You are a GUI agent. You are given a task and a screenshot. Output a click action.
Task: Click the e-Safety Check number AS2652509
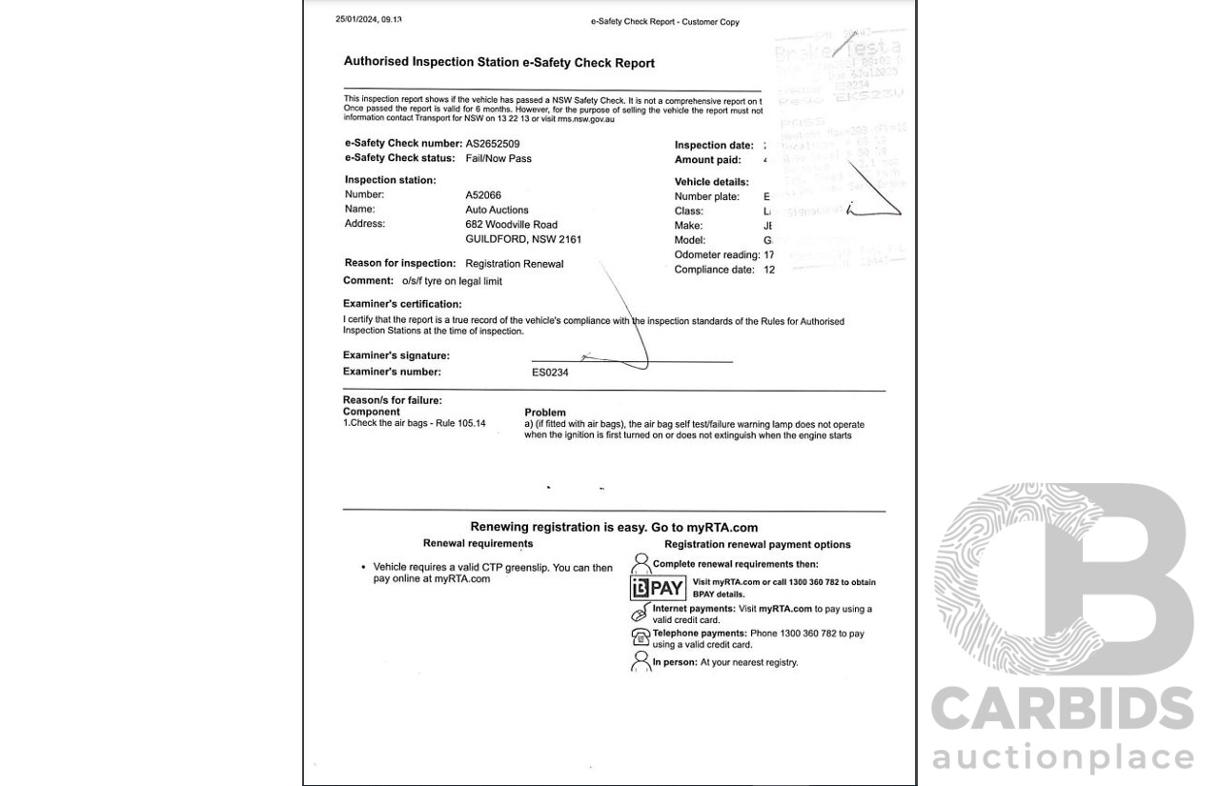click(x=493, y=144)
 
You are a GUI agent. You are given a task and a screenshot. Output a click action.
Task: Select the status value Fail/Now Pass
click(x=498, y=159)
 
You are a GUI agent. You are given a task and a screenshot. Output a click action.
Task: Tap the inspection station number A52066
click(x=483, y=194)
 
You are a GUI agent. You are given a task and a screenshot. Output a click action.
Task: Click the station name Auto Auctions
click(x=497, y=210)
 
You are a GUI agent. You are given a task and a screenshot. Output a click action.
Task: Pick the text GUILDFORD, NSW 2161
click(x=523, y=239)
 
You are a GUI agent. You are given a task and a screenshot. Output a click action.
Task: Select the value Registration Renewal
click(x=515, y=264)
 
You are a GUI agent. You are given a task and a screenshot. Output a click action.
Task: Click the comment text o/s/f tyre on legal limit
click(x=451, y=281)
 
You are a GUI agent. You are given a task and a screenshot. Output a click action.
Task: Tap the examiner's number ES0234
click(x=550, y=373)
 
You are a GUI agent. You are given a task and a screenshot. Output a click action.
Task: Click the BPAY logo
click(x=658, y=588)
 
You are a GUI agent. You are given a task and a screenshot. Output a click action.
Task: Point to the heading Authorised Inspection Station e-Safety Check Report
click(x=498, y=63)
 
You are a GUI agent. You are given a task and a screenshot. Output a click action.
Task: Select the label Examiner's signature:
click(x=396, y=356)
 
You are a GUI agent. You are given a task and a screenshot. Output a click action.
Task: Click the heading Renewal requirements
click(x=478, y=544)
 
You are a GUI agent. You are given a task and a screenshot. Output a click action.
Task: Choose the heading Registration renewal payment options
click(x=757, y=545)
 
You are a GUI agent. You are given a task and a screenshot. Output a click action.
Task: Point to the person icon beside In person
click(x=640, y=661)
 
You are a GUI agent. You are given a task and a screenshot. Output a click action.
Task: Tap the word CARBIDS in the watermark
click(x=1062, y=710)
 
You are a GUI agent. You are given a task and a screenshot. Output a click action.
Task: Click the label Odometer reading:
click(x=716, y=255)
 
